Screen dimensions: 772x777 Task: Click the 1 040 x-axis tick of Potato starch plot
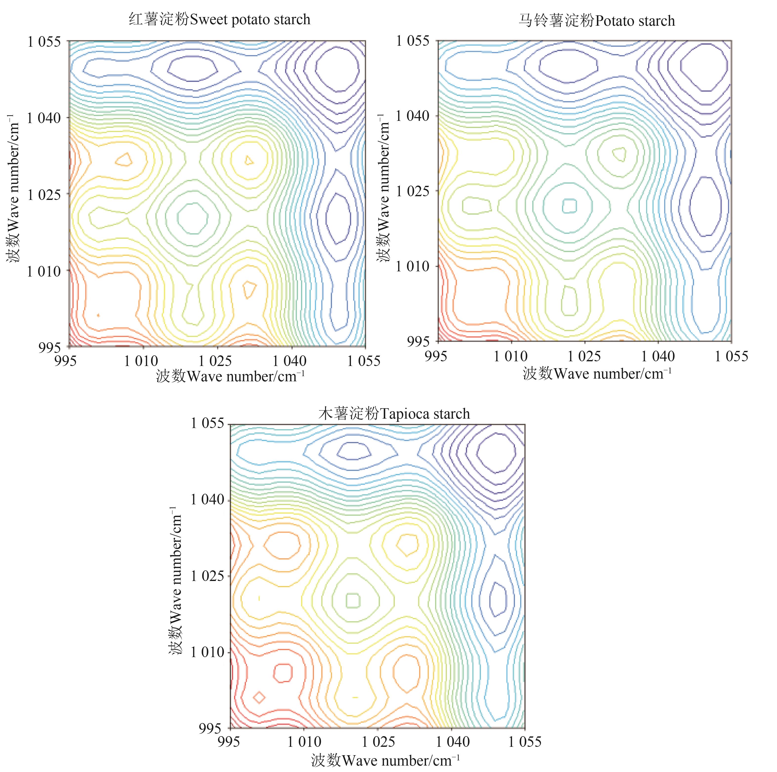(x=658, y=356)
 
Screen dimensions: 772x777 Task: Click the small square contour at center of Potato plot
(x=569, y=206)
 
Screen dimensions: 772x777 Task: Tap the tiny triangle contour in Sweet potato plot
(x=249, y=160)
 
